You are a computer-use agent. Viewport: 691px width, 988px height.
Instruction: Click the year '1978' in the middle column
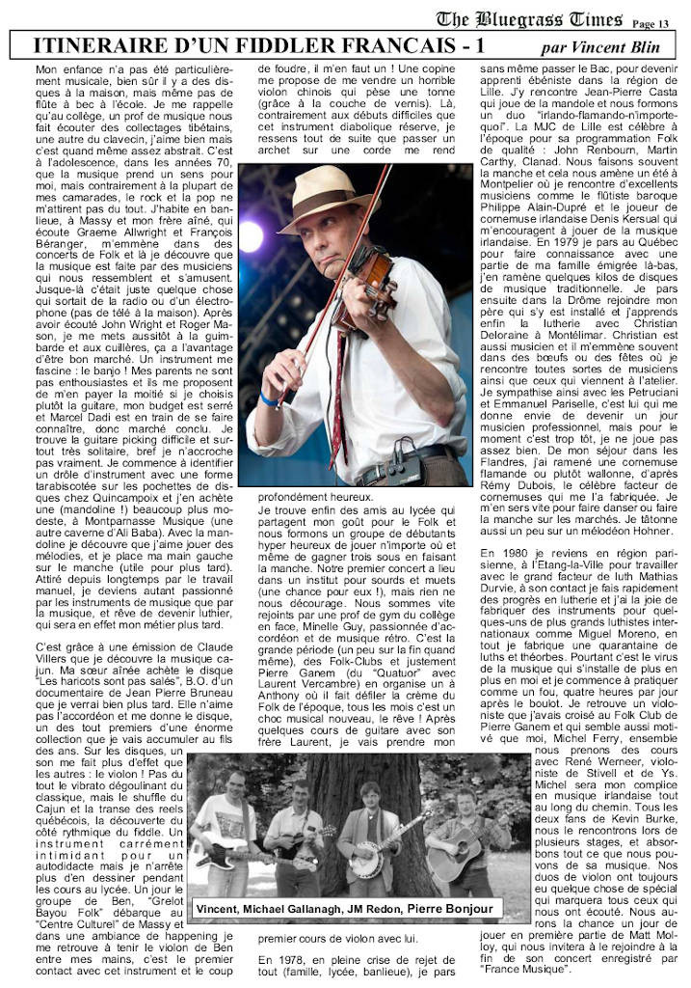[x=293, y=961]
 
